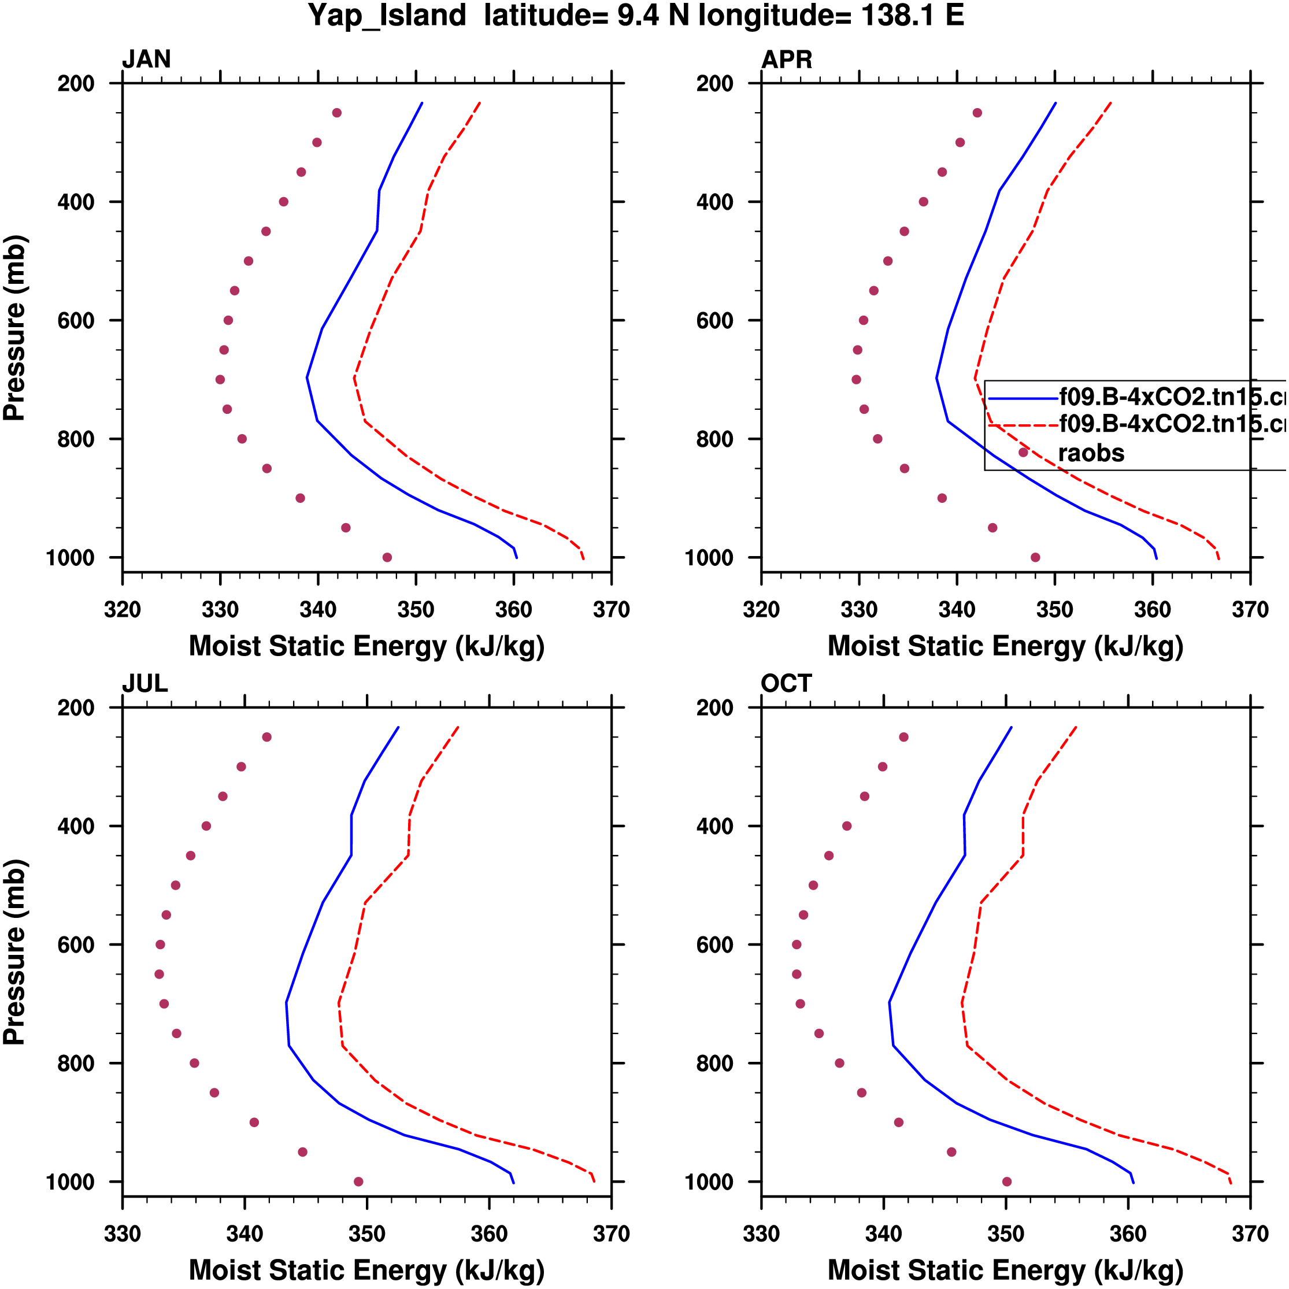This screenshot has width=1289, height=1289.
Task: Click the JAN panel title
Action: (x=146, y=60)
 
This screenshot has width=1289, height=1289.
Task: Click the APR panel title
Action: (x=787, y=60)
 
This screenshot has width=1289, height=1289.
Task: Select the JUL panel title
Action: (x=145, y=684)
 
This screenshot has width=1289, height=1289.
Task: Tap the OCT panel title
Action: (x=786, y=684)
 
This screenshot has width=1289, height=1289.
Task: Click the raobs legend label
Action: (x=1091, y=453)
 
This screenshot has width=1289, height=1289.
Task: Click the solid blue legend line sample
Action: (x=1022, y=398)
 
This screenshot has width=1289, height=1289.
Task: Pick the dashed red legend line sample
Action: (x=1022, y=424)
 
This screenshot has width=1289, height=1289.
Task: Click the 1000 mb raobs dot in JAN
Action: (x=387, y=557)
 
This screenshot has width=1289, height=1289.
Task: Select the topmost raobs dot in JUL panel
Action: (x=267, y=737)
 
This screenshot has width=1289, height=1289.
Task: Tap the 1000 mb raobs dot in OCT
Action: (x=1007, y=1181)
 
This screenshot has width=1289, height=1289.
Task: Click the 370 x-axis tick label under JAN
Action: (x=611, y=610)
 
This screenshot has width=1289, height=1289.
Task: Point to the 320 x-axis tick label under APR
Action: (x=761, y=610)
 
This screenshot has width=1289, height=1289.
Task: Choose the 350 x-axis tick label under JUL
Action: (x=367, y=1234)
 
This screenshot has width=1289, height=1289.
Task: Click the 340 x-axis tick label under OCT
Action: (x=883, y=1234)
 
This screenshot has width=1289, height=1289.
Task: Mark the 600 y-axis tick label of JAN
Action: (x=76, y=320)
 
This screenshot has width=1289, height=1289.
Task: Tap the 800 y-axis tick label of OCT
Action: (x=715, y=1064)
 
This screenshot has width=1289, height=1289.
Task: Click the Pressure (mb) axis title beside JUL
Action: (x=14, y=952)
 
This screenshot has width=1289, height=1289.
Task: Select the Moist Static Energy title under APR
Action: (x=1005, y=646)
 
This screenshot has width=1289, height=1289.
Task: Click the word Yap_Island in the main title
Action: (x=387, y=16)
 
